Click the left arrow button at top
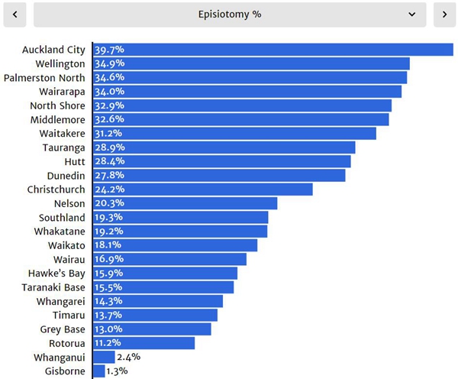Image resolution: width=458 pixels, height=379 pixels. [15, 15]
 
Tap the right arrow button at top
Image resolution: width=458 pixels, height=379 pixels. [444, 15]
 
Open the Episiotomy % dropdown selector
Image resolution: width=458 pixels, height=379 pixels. [230, 15]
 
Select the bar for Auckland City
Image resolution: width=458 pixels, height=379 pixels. [273, 50]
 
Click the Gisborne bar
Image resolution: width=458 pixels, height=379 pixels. [98, 371]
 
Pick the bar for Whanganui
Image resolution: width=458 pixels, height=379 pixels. [104, 357]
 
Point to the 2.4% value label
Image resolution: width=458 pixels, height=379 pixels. [128, 357]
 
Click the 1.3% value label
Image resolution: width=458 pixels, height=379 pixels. [118, 371]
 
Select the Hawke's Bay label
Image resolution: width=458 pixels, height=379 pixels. [56, 273]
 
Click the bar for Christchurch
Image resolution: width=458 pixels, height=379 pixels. [202, 189]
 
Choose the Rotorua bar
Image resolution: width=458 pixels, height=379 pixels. [144, 343]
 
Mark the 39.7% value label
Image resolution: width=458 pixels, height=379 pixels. [109, 50]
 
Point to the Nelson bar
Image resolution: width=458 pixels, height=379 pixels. [185, 203]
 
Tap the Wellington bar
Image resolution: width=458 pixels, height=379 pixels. [251, 63]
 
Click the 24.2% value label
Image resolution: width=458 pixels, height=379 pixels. [109, 189]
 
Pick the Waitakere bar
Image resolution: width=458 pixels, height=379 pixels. [234, 133]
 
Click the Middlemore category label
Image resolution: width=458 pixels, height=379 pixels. [58, 119]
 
